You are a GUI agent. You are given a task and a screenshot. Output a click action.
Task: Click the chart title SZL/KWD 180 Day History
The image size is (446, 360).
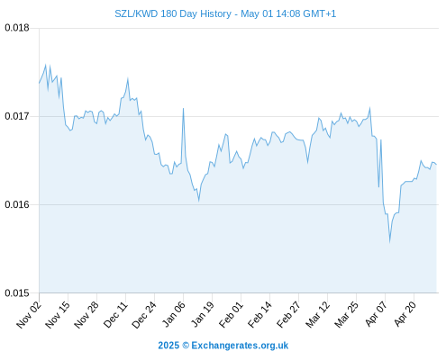(x=173, y=13)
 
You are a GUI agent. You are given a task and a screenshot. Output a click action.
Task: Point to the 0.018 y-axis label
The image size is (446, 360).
(x=17, y=28)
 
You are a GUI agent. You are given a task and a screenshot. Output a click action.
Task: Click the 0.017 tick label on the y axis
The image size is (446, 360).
(x=17, y=116)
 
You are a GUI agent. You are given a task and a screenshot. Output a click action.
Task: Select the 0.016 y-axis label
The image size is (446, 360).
(x=17, y=204)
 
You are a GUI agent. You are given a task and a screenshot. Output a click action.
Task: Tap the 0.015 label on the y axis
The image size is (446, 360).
(x=17, y=292)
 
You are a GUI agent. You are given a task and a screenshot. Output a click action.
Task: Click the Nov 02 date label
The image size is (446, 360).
(x=29, y=315)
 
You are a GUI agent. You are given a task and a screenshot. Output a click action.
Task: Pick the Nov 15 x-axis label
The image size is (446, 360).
(x=58, y=315)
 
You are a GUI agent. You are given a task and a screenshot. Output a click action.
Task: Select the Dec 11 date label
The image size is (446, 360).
(x=115, y=315)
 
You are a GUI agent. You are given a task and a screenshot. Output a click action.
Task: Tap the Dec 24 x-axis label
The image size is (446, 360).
(x=144, y=315)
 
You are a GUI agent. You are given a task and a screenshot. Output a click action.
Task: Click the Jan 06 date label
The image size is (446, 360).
(x=173, y=315)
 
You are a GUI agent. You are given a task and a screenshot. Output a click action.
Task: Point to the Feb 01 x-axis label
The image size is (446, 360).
(x=231, y=315)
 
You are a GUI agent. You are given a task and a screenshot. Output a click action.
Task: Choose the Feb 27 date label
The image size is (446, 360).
(x=288, y=315)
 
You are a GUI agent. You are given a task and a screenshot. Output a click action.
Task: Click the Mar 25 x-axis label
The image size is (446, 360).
(x=346, y=315)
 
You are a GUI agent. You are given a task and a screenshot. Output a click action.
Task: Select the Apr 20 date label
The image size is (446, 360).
(x=404, y=315)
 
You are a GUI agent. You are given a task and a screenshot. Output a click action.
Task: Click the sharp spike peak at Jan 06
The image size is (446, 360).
(x=183, y=109)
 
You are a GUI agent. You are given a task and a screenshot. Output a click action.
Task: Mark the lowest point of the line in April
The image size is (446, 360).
(x=389, y=242)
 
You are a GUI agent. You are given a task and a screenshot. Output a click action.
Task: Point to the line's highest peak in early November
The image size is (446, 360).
(x=46, y=65)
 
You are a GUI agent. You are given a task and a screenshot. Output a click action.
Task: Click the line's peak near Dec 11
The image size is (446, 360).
(x=128, y=78)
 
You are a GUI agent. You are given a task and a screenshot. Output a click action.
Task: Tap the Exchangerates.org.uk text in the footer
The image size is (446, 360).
(x=240, y=346)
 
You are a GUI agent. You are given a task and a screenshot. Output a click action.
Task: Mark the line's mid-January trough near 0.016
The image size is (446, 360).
(x=198, y=201)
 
